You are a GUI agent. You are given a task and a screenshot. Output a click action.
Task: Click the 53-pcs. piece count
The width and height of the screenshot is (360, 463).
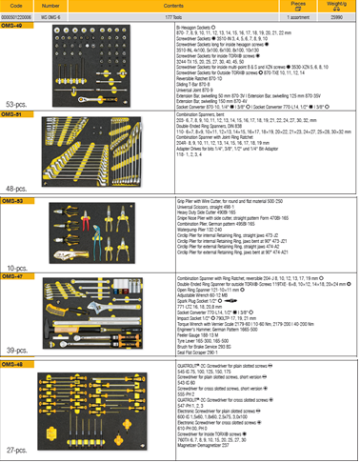[16, 102]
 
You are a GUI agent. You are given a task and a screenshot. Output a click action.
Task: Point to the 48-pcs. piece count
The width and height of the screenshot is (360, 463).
[17, 189]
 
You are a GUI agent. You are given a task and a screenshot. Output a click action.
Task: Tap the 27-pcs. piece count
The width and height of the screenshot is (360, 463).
[17, 447]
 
